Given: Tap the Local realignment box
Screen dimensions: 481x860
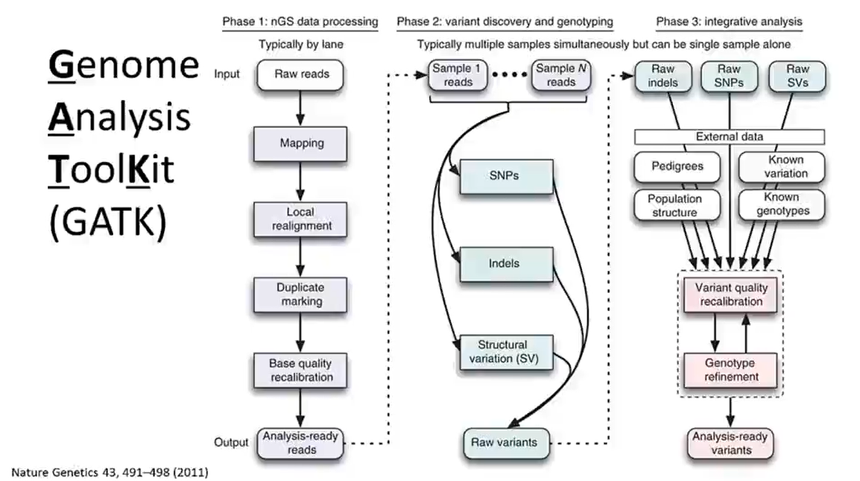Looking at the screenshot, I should tap(298, 218).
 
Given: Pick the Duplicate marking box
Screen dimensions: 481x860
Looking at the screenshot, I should tap(298, 294).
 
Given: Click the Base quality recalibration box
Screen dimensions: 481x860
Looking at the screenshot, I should tap(298, 370).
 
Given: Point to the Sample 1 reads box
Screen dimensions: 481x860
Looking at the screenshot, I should tap(458, 75).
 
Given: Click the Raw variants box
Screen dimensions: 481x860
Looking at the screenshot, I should tap(504, 442).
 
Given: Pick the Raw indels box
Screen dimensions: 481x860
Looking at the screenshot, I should tap(663, 76).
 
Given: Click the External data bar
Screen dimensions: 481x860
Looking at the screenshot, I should tap(729, 136).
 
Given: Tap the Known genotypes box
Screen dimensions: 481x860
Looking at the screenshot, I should tap(781, 204).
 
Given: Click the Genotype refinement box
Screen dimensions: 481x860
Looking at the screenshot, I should tap(731, 369).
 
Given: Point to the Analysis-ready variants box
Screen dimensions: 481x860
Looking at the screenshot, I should tap(730, 443).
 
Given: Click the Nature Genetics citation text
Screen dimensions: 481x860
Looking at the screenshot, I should tap(109, 472).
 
